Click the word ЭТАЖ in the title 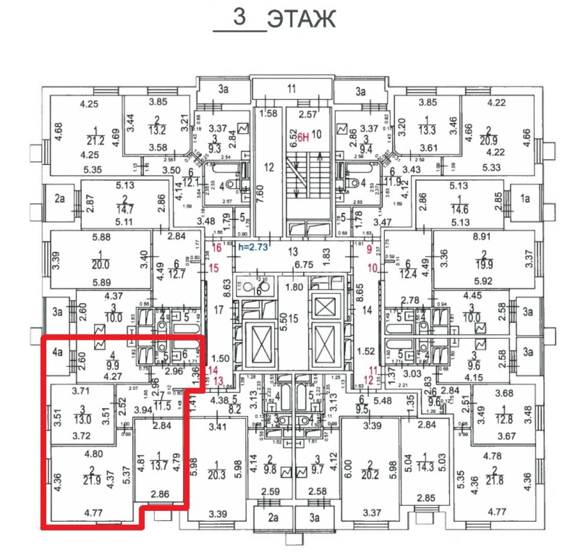[302, 19]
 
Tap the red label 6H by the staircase [304, 136]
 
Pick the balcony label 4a [58, 352]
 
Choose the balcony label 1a [525, 198]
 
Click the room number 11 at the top [292, 89]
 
